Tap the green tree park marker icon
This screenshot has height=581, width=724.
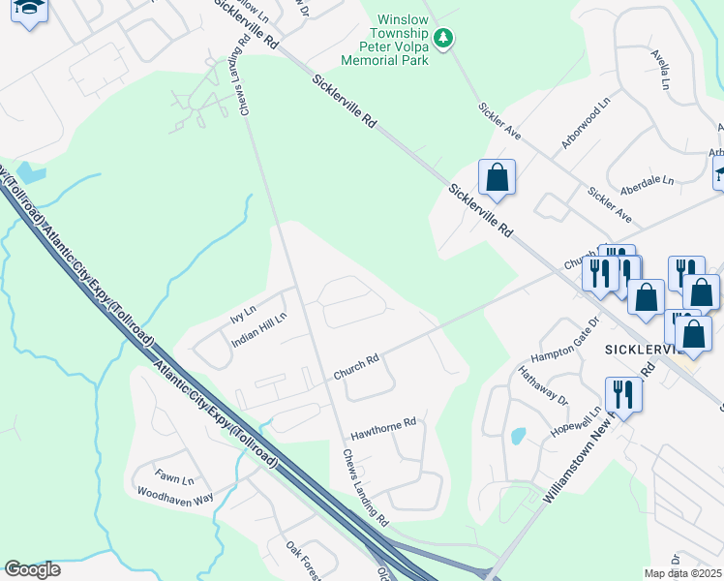coord(443,39)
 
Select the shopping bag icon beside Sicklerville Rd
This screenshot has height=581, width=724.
coord(497,178)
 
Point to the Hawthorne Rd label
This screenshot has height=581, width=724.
coord(382,424)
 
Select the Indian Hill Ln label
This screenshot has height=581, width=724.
coord(258,330)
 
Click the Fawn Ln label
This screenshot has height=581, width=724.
coord(175,479)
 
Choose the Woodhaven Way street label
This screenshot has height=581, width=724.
coord(174,499)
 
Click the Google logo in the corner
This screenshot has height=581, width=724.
coord(32,569)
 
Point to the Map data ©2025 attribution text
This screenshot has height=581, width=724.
coord(683,573)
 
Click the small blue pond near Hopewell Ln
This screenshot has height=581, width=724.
coord(518,437)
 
